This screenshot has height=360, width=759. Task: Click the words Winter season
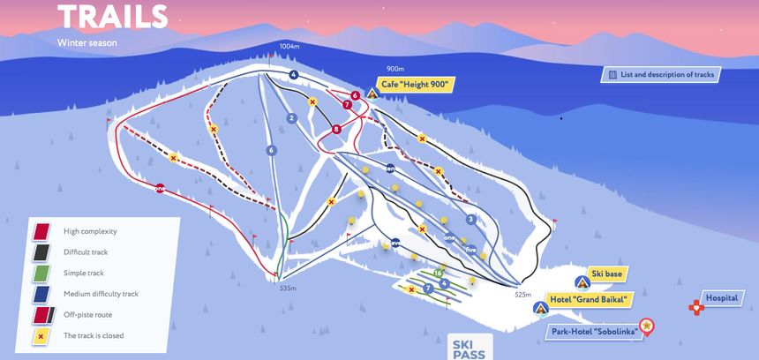point(87,42)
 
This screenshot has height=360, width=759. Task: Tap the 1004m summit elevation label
point(289,46)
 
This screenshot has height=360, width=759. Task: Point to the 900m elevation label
point(395,69)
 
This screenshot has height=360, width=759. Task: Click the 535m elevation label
point(288,289)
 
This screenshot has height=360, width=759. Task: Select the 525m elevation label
point(524,295)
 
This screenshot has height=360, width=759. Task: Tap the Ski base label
point(606,274)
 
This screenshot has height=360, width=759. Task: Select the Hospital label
point(720,298)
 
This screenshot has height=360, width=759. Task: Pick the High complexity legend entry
point(90,231)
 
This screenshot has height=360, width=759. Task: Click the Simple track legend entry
point(83,273)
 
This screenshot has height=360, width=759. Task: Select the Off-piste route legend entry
point(87,314)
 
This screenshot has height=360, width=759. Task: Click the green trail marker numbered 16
point(438,274)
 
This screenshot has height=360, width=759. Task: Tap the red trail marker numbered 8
point(336,130)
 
